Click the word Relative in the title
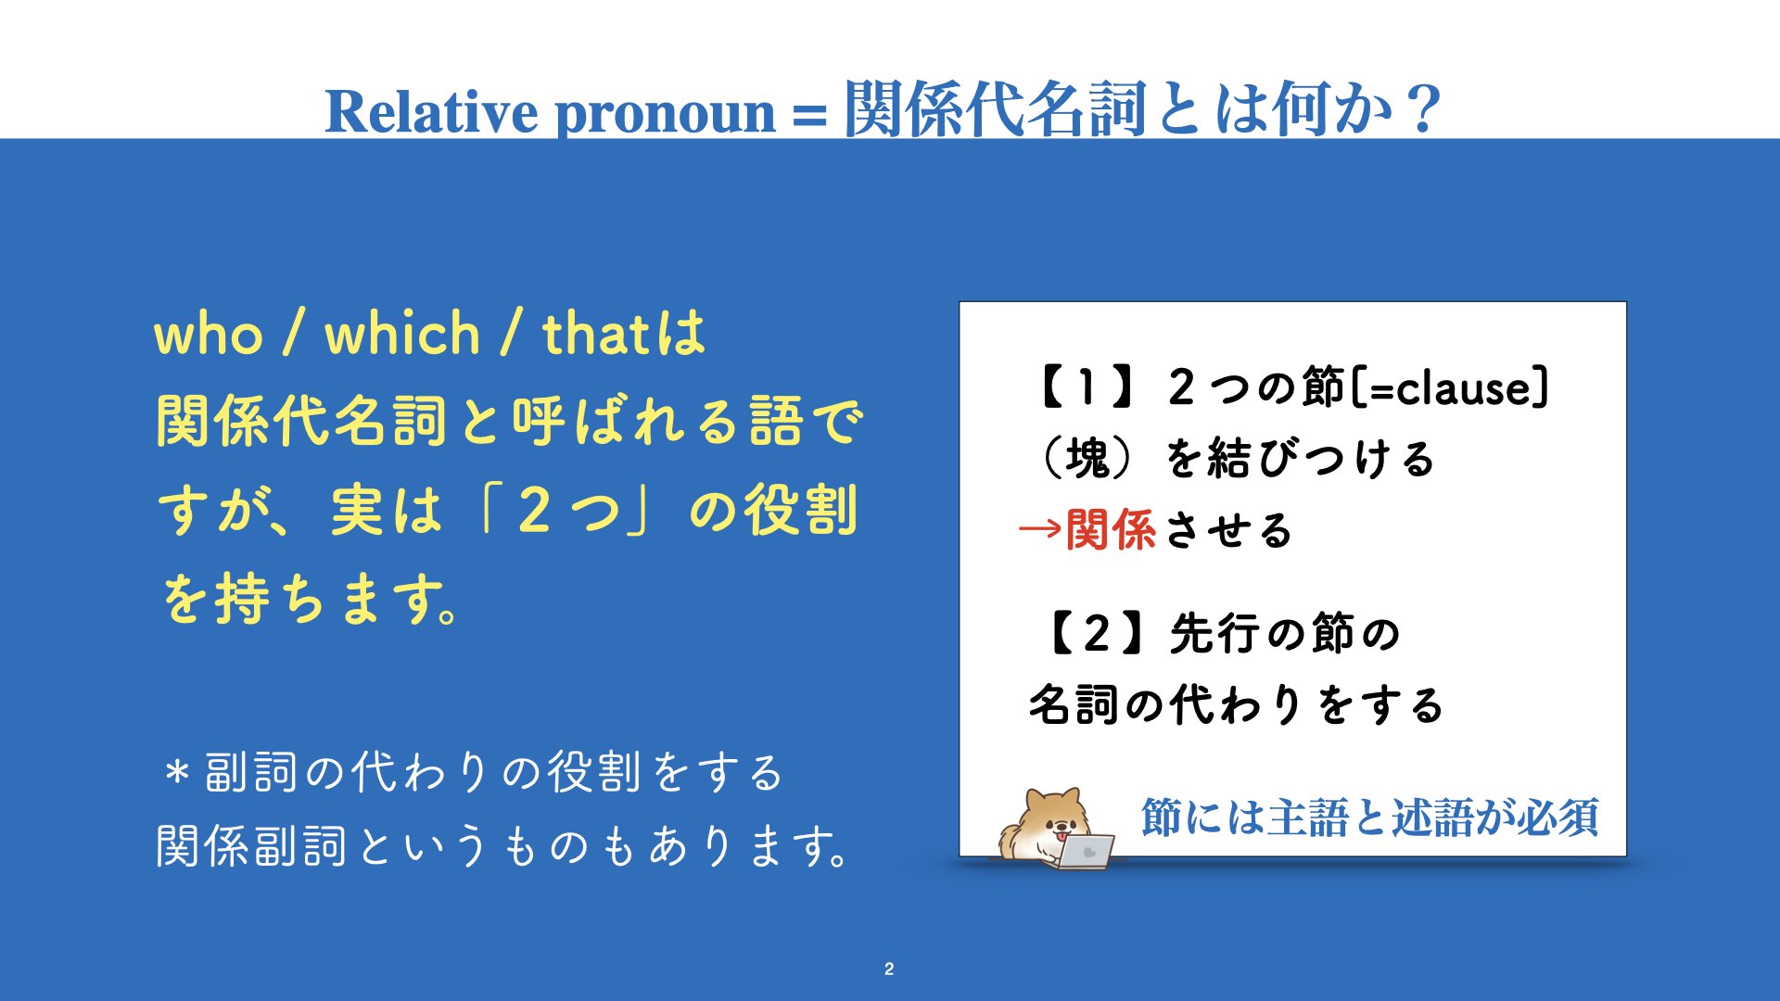[431, 111]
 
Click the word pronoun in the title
[665, 115]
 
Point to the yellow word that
[595, 334]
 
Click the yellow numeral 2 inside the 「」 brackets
[535, 510]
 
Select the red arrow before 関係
[1040, 530]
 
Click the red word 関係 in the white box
[1111, 530]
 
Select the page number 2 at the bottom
[889, 969]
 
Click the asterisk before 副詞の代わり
[177, 771]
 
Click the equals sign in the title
[809, 116]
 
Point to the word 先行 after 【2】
[1214, 634]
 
